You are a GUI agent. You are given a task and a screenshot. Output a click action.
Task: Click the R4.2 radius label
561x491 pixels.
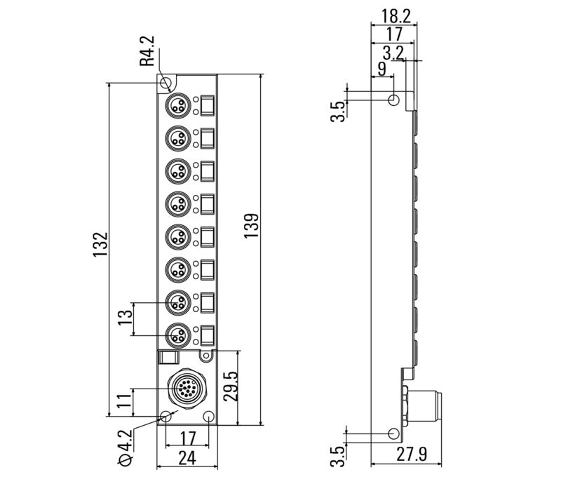pyautogui.click(x=147, y=52)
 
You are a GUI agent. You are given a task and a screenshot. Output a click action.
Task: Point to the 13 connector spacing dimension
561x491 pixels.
pyautogui.click(x=125, y=316)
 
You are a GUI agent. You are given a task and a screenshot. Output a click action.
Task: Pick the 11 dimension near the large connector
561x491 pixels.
pyautogui.click(x=124, y=402)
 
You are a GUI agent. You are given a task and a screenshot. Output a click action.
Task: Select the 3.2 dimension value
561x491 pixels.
pyautogui.click(x=394, y=53)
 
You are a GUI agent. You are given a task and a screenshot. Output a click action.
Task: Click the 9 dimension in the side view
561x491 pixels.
pyautogui.click(x=381, y=68)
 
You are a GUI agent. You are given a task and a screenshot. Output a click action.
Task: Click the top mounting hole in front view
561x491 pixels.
pyautogui.click(x=166, y=84)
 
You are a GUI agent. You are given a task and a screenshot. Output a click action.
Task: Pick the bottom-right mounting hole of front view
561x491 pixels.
pyautogui.click(x=211, y=417)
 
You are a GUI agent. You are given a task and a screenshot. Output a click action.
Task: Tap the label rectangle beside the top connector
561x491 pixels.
pyautogui.click(x=208, y=106)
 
